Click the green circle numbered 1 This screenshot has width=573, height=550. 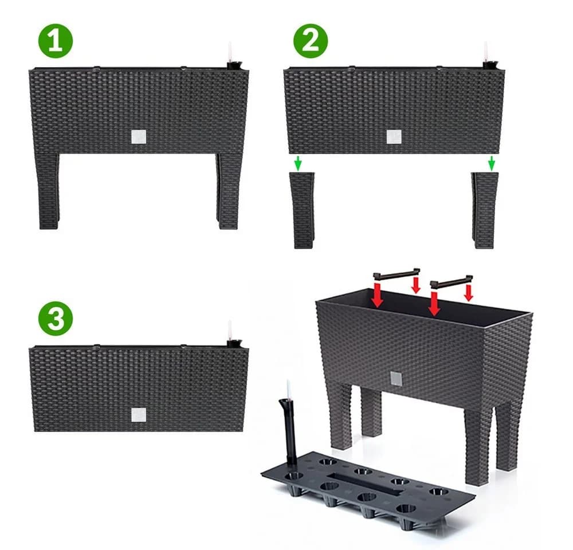coord(56,41)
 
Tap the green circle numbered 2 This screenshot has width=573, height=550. coord(311,41)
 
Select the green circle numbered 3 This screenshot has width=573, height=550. coord(56,319)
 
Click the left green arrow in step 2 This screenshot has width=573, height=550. coord(299,163)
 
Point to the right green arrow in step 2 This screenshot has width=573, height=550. coord(492,163)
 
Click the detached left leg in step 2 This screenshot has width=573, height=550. coord(302,210)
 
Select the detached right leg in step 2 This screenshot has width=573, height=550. coord(485,210)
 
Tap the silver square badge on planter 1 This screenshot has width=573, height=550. coord(139,137)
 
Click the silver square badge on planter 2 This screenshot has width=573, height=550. coord(394,137)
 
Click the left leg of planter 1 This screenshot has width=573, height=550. coord(48,191)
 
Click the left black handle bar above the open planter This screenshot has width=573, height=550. coord(396,274)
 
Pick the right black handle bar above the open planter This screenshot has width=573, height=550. coord(452,282)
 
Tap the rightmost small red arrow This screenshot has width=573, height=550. coord(469,293)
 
